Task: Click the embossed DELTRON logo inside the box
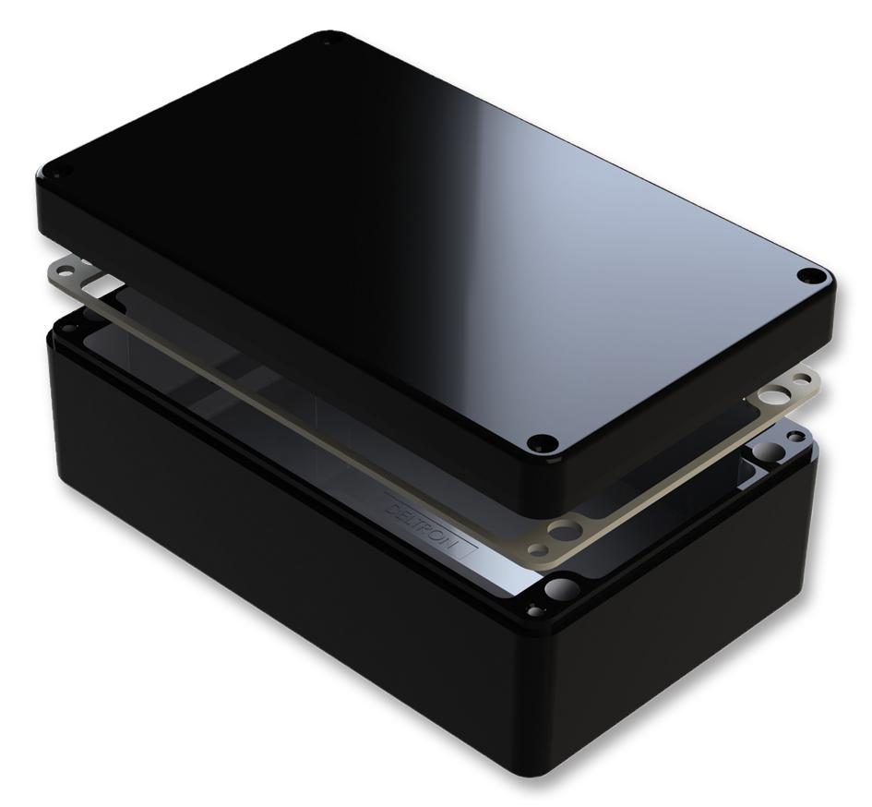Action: pos(427,521)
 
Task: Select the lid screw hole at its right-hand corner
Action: pos(811,274)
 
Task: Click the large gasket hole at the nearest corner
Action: pos(565,530)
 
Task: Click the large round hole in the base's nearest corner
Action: pos(561,589)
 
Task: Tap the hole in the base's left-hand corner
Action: pos(69,324)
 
